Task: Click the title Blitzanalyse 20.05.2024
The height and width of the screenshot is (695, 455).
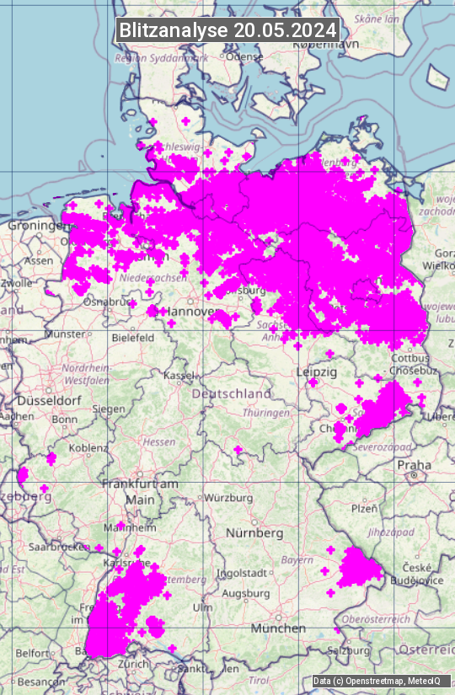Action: click(x=227, y=30)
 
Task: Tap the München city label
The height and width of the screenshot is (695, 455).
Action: click(x=277, y=628)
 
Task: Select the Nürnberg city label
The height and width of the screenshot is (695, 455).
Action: click(x=254, y=533)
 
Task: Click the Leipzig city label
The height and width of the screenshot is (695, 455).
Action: click(x=316, y=372)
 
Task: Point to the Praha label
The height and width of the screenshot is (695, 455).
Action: click(x=415, y=465)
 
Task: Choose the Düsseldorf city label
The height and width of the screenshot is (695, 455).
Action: click(x=46, y=401)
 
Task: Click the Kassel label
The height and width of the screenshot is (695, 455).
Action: click(x=179, y=375)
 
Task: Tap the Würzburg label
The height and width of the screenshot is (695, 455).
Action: click(x=228, y=498)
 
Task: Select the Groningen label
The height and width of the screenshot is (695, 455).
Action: click(x=37, y=226)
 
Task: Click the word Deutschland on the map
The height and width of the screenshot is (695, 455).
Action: click(x=232, y=393)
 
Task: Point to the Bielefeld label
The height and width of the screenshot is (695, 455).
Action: click(x=133, y=338)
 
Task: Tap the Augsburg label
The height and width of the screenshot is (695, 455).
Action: click(x=245, y=594)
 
